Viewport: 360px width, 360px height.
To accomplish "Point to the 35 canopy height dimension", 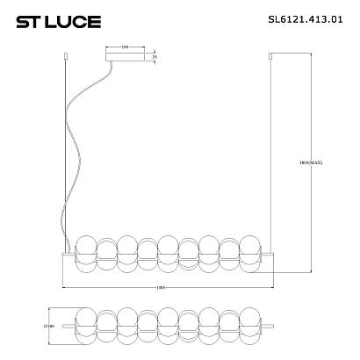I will click(155, 59).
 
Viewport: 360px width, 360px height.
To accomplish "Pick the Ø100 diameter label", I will click(50, 327).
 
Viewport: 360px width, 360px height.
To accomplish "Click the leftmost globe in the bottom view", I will click(85, 327).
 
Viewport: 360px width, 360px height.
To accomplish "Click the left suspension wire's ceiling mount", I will click(68, 60).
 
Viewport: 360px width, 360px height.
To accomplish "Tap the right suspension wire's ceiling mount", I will click(270, 60).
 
